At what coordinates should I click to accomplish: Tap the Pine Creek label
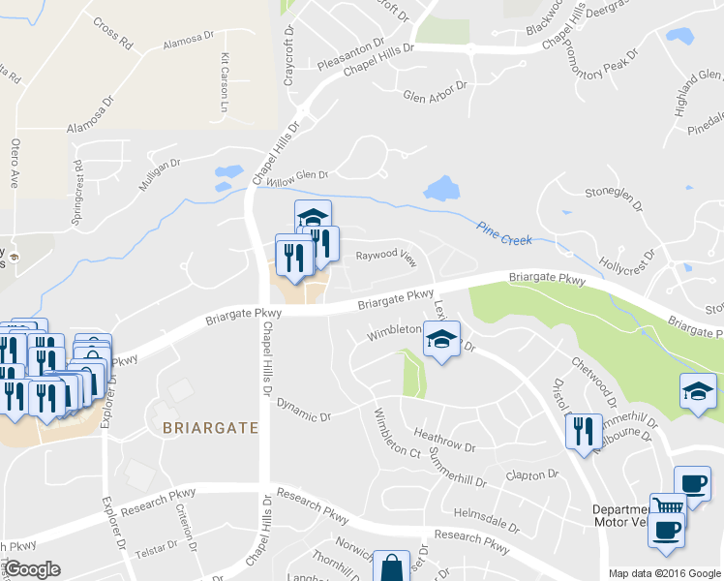tap(504, 231)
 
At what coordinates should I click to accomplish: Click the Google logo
tap(32, 568)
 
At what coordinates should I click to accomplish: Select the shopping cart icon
tap(668, 506)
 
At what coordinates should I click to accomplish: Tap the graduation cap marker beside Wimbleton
tap(440, 340)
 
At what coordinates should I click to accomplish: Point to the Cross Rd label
tap(113, 34)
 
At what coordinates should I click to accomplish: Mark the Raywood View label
tap(385, 257)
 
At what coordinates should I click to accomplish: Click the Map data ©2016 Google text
tap(664, 572)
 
